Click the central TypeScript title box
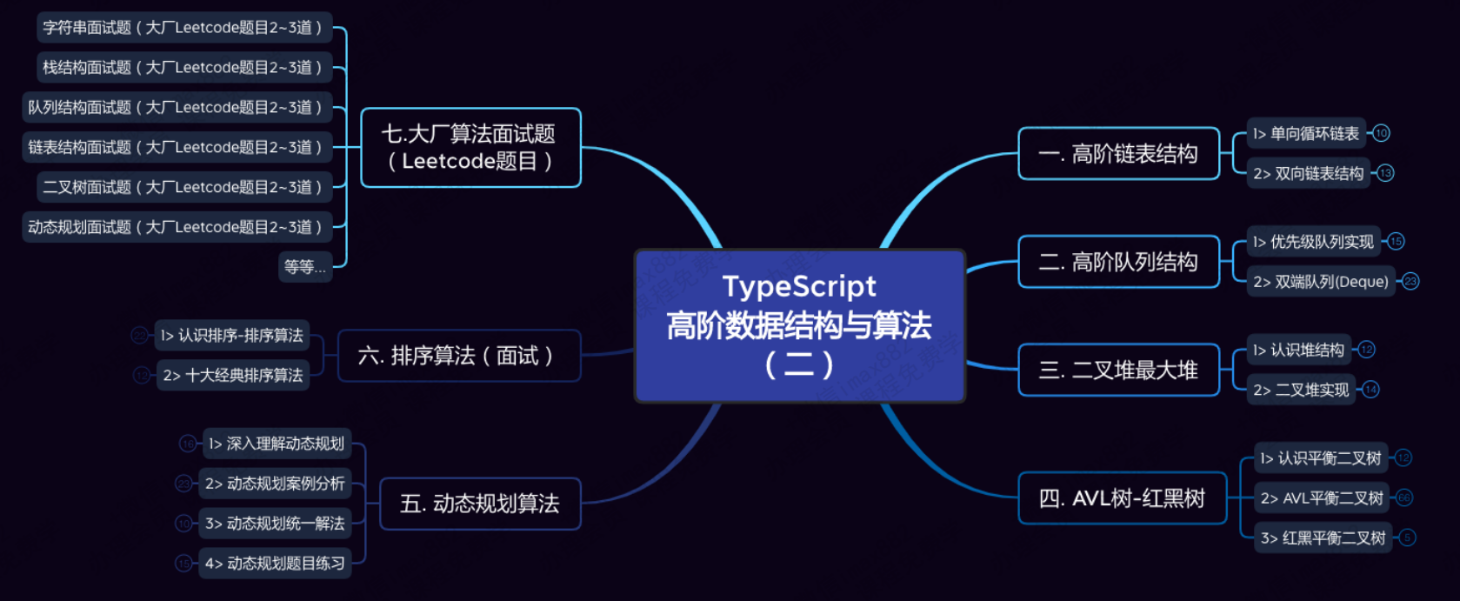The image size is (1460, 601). (x=799, y=325)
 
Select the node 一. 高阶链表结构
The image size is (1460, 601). (x=1118, y=154)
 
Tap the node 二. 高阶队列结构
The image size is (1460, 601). (x=1118, y=262)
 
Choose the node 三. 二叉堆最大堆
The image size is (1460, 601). (x=1118, y=371)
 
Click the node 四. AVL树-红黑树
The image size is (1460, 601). (x=1122, y=498)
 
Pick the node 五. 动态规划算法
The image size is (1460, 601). (x=480, y=504)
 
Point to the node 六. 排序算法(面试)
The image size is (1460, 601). (x=458, y=356)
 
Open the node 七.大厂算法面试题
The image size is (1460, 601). (x=470, y=147)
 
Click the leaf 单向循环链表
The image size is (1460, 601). (x=1306, y=134)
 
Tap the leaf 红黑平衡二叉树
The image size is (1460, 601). (x=1323, y=538)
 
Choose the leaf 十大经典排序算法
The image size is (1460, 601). (x=233, y=376)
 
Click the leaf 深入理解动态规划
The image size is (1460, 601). (x=277, y=444)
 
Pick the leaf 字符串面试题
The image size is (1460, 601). (x=183, y=28)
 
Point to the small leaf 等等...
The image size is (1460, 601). (x=305, y=267)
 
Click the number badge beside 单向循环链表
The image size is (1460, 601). (x=1381, y=133)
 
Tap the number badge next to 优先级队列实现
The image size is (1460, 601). (x=1396, y=242)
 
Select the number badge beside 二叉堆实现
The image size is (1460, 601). (x=1370, y=390)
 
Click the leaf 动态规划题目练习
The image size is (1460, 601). (x=275, y=564)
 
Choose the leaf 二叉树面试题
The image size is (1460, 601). (x=183, y=187)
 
